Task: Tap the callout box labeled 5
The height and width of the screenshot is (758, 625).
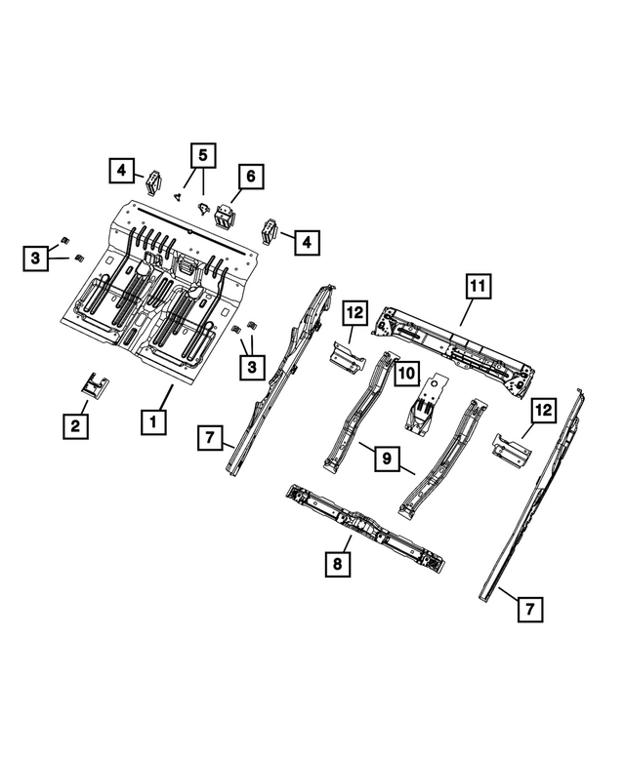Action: [x=203, y=155]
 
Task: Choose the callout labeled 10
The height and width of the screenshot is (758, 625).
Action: [x=407, y=372]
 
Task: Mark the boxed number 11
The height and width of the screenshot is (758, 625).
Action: [x=476, y=287]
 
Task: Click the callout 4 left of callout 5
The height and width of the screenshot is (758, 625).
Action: [x=120, y=172]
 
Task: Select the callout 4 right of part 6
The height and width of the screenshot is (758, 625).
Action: [x=307, y=241]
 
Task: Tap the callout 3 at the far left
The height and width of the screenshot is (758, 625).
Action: [x=34, y=258]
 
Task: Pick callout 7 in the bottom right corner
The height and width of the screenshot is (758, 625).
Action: [x=528, y=610]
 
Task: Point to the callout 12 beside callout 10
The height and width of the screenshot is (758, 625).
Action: [x=354, y=313]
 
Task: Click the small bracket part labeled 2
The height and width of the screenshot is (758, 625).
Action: [x=96, y=386]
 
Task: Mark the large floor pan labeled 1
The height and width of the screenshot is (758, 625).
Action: [x=161, y=293]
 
